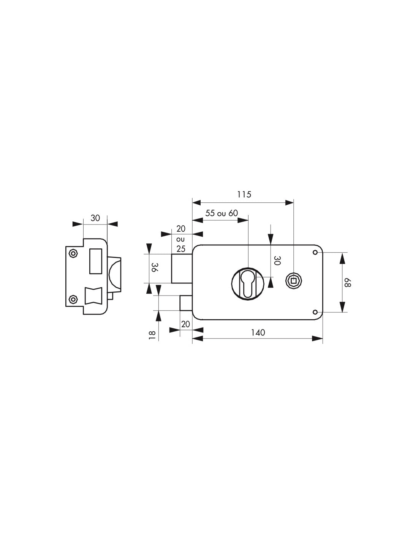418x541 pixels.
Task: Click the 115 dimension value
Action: click(x=244, y=194)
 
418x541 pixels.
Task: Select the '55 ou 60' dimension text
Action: click(x=222, y=213)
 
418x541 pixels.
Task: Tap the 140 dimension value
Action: click(x=258, y=332)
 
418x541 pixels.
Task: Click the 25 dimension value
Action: click(x=181, y=249)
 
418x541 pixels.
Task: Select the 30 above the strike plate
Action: click(x=95, y=218)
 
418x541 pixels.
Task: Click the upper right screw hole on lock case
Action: click(x=315, y=253)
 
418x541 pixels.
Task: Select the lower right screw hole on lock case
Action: click(x=315, y=312)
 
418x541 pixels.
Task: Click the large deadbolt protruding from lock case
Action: click(x=182, y=269)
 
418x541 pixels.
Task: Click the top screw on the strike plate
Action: click(x=73, y=253)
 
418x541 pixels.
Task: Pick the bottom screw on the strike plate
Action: click(x=73, y=300)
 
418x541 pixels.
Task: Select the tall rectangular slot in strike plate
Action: click(x=95, y=261)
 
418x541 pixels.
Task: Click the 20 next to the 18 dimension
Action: click(x=185, y=325)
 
